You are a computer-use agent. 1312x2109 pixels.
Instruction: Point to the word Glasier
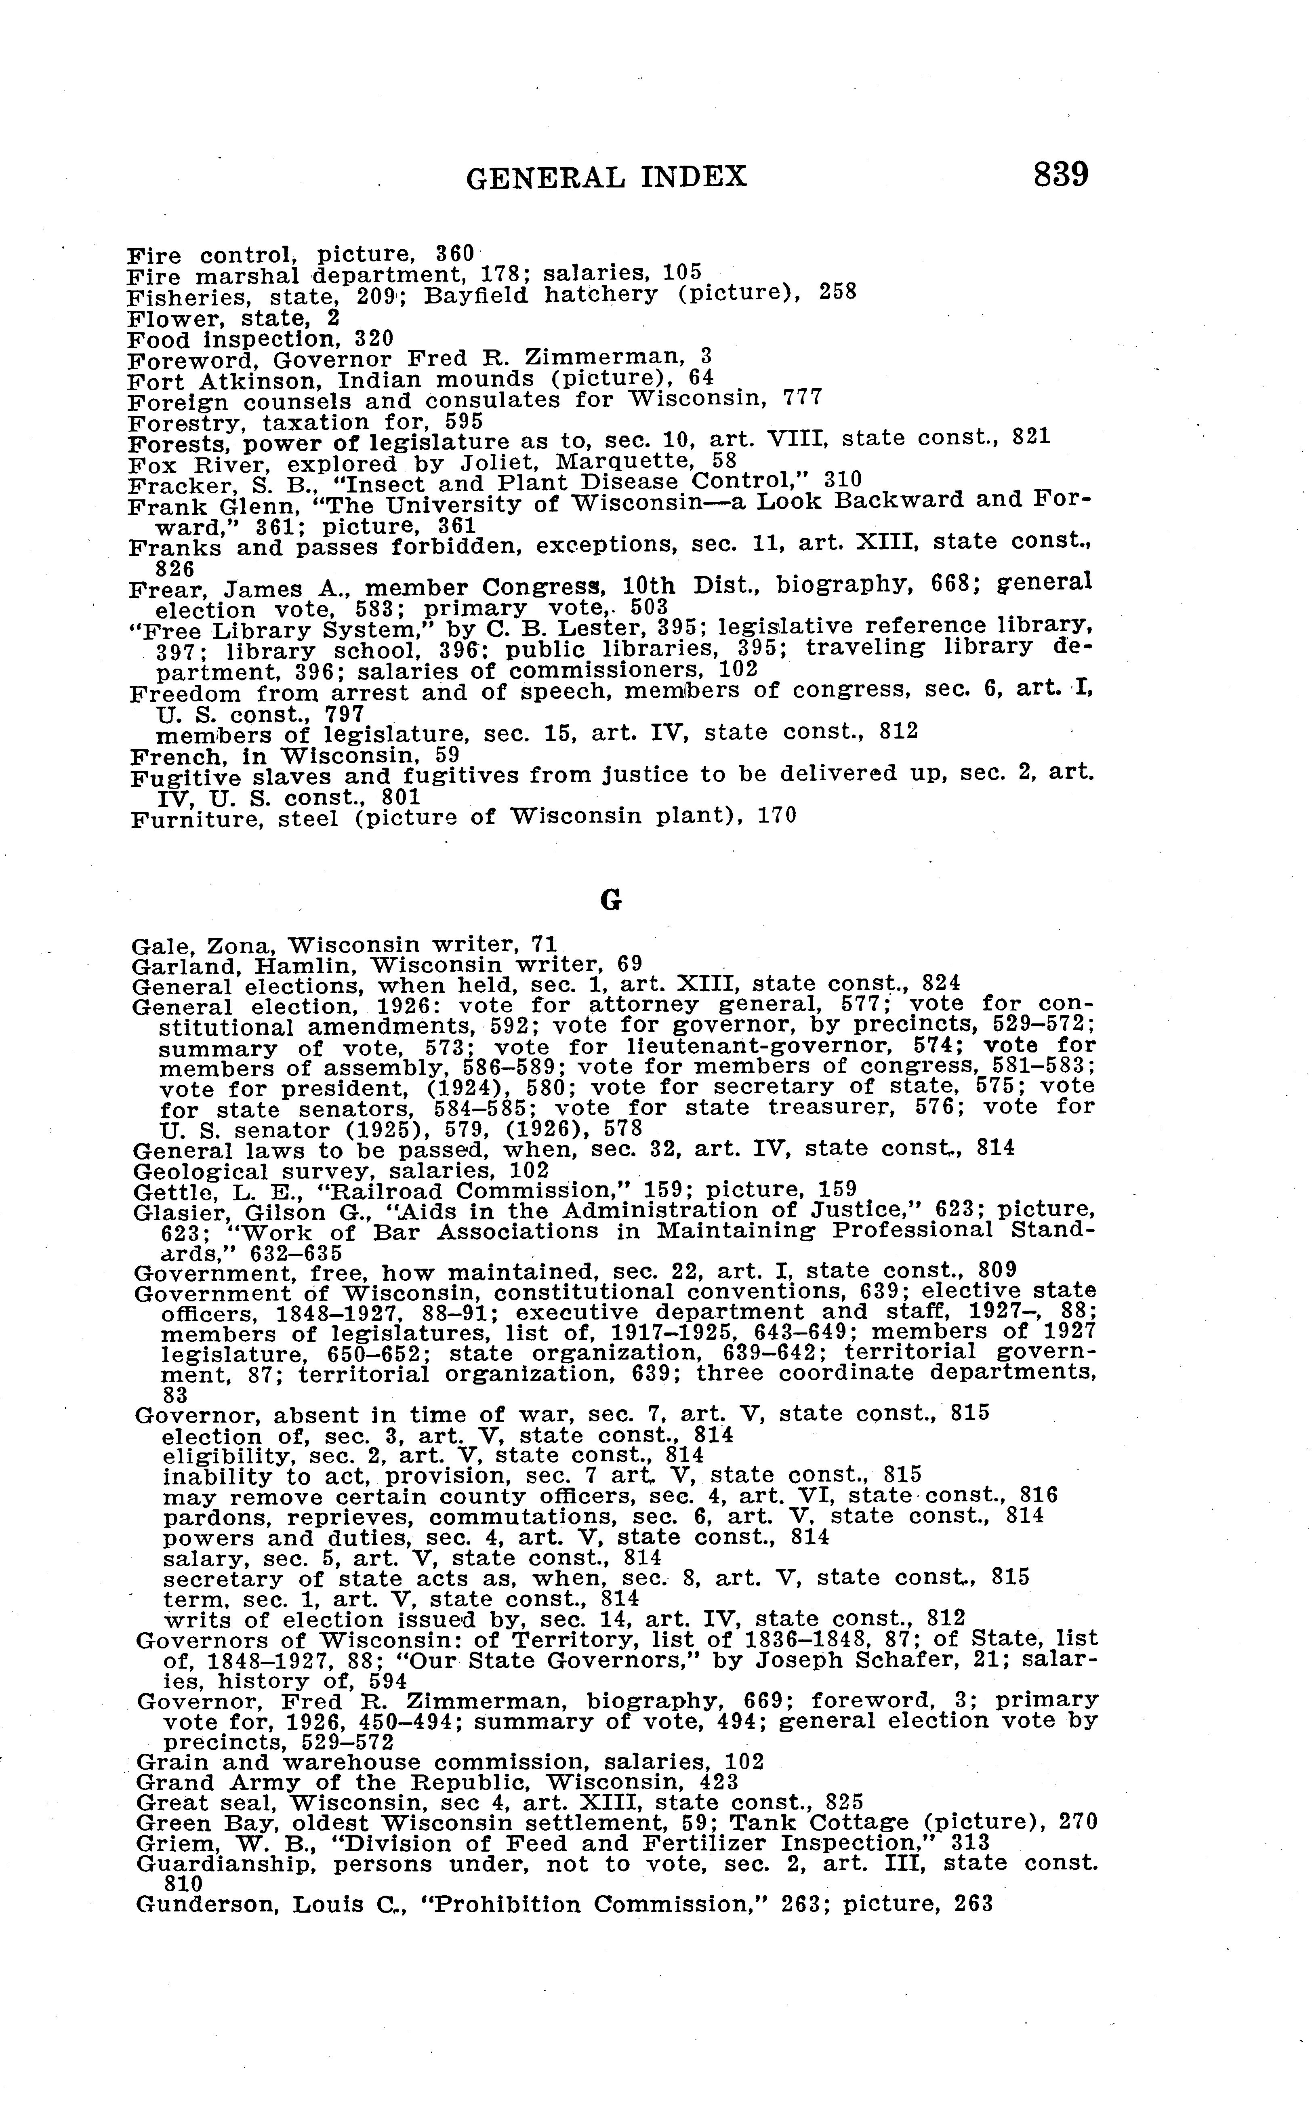pyautogui.click(x=170, y=1213)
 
